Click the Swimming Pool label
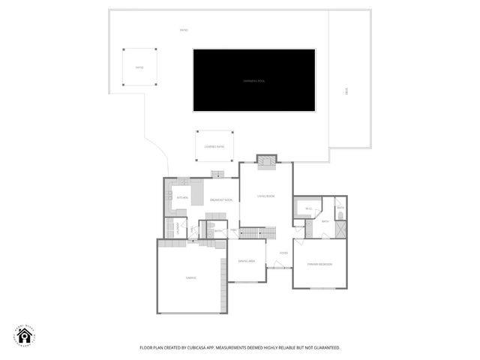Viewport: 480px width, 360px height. tap(253, 80)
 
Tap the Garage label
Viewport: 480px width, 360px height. tap(190, 277)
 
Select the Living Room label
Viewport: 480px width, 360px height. tap(266, 196)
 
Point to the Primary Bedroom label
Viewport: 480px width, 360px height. tap(320, 265)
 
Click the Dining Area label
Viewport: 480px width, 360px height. tap(247, 261)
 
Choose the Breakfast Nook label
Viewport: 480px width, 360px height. tap(220, 200)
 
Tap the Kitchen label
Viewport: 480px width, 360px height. tap(181, 197)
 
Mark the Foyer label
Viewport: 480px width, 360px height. tap(283, 253)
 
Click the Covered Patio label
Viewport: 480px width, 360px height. tap(214, 146)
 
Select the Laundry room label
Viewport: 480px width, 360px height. tap(178, 229)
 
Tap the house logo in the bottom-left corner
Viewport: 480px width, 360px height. tap(24, 336)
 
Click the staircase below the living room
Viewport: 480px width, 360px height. tap(252, 233)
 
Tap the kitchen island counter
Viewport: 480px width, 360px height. tap(197, 193)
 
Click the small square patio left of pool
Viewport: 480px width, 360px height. tap(139, 67)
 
